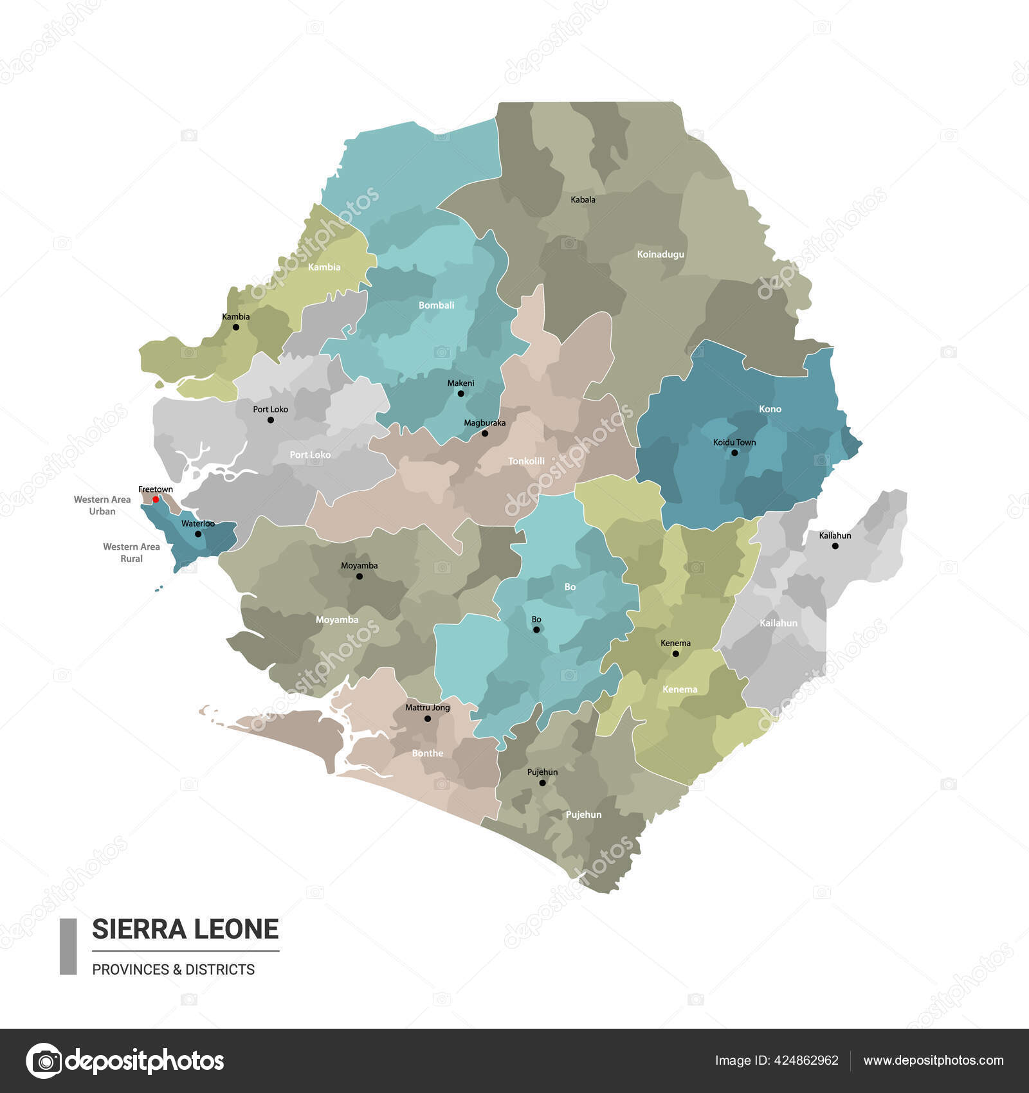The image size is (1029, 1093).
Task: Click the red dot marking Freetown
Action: click(156, 499)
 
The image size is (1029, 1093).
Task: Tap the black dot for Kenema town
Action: click(675, 654)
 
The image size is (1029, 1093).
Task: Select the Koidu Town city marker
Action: click(734, 453)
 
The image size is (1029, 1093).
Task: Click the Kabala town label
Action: click(583, 199)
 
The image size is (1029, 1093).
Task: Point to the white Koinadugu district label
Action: click(660, 254)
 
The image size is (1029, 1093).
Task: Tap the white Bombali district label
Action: click(436, 305)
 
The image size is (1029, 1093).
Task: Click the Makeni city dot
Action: click(460, 393)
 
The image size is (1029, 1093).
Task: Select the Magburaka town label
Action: click(484, 423)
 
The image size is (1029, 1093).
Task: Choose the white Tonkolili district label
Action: click(526, 461)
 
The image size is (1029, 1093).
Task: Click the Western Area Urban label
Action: click(102, 505)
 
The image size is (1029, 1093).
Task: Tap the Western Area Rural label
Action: click(131, 552)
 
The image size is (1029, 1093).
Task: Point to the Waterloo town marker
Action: click(198, 534)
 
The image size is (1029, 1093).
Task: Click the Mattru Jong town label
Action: click(427, 707)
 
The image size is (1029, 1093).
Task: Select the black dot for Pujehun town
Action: click(542, 783)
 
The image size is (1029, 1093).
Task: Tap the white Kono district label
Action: click(770, 409)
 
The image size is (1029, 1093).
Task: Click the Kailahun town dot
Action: click(835, 546)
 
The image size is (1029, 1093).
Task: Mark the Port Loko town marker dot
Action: click(270, 420)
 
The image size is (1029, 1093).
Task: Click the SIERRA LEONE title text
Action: click(185, 929)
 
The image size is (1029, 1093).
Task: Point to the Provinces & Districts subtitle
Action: click(173, 970)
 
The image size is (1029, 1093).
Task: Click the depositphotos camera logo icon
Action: click(44, 1060)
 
